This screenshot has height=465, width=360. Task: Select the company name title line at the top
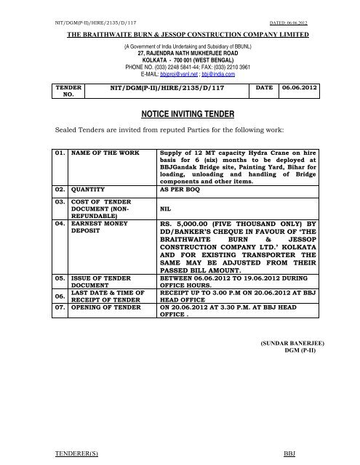coord(180,34)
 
